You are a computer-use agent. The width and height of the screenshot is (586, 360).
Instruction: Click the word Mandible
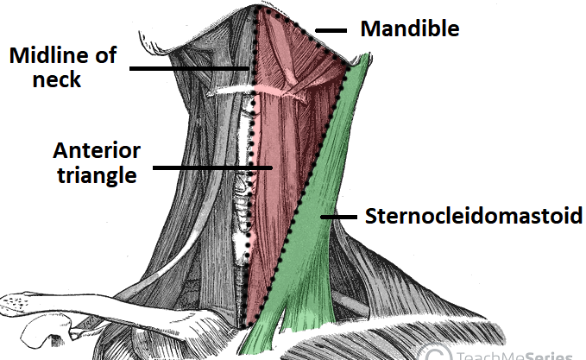point(409,28)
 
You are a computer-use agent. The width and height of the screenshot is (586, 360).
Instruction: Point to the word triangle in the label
point(95,175)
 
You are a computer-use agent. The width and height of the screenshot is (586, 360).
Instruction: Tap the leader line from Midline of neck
point(190,68)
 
